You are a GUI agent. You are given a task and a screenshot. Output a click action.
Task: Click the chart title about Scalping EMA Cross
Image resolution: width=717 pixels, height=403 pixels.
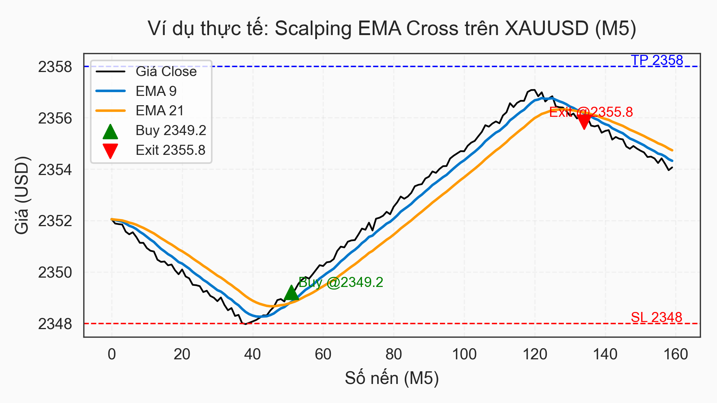pyautogui.click(x=392, y=29)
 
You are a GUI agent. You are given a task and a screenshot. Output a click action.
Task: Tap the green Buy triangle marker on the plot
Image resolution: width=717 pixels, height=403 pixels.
pyautogui.click(x=291, y=293)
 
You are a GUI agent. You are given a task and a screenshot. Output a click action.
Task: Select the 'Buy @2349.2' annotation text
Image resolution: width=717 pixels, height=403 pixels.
pyautogui.click(x=341, y=282)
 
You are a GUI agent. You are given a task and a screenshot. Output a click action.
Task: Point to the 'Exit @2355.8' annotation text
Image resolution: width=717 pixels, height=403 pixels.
pyautogui.click(x=591, y=112)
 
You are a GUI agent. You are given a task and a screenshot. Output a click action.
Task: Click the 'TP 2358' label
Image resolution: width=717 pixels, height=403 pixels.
pyautogui.click(x=657, y=60)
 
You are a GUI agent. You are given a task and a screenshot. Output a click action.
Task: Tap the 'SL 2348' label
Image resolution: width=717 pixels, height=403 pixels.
pyautogui.click(x=657, y=318)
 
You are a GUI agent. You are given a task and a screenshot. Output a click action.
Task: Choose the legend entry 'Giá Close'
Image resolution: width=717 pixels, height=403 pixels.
pyautogui.click(x=166, y=72)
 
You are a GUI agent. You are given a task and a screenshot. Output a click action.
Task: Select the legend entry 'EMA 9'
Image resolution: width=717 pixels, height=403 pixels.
pyautogui.click(x=156, y=91)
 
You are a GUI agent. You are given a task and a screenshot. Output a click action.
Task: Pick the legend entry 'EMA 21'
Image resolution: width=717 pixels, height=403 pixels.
pyautogui.click(x=159, y=111)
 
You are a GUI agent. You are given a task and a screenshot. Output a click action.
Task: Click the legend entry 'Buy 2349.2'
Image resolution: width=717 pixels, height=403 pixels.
pyautogui.click(x=171, y=131)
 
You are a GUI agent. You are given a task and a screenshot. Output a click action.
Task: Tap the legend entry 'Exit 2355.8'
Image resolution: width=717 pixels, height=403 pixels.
pyautogui.click(x=170, y=150)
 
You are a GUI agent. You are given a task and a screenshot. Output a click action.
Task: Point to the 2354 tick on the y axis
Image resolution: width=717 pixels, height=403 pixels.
pyautogui.click(x=55, y=170)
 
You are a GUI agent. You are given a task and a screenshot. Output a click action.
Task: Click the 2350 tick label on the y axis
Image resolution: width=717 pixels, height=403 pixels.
pyautogui.click(x=55, y=273)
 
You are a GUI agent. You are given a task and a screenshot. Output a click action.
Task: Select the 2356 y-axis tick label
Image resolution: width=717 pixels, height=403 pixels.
pyautogui.click(x=55, y=119)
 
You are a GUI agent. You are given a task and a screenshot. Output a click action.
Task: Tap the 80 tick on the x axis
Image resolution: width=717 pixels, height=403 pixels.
pyautogui.click(x=394, y=354)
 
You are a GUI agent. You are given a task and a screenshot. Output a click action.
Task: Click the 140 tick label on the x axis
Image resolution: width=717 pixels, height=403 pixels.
pyautogui.click(x=605, y=354)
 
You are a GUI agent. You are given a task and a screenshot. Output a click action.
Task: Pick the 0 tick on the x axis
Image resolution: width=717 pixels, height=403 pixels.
pyautogui.click(x=112, y=354)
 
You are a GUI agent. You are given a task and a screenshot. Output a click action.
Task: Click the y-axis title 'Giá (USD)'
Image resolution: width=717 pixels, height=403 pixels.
pyautogui.click(x=22, y=195)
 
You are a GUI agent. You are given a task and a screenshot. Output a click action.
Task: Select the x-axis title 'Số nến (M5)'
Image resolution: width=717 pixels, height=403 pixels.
pyautogui.click(x=392, y=378)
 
